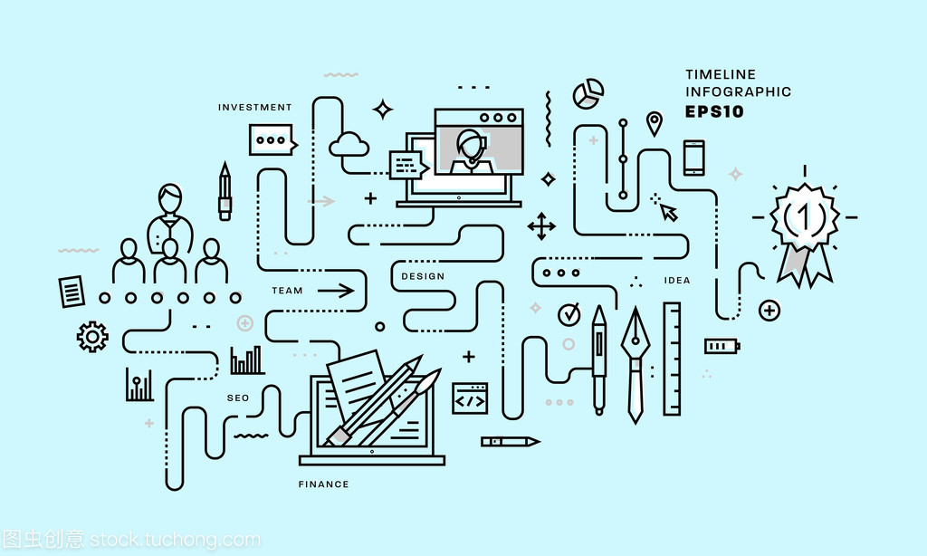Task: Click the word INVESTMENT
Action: tap(255, 108)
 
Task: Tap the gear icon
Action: tap(92, 336)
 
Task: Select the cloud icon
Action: tap(349, 144)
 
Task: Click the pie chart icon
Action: tap(588, 92)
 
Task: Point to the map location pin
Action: tap(654, 123)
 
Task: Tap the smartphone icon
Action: tap(693, 158)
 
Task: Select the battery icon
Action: tap(722, 346)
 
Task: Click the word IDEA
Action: tap(677, 281)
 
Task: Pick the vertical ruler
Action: tap(672, 359)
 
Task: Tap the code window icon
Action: tap(470, 398)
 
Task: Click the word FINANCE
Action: tap(323, 484)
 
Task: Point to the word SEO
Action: tap(238, 398)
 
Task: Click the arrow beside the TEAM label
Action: tap(336, 291)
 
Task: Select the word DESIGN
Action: tap(423, 276)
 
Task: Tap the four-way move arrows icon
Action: tap(541, 226)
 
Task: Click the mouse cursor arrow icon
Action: tap(668, 212)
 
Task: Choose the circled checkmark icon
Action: tap(569, 314)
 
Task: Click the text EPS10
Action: tap(714, 112)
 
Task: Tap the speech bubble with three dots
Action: tap(271, 140)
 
